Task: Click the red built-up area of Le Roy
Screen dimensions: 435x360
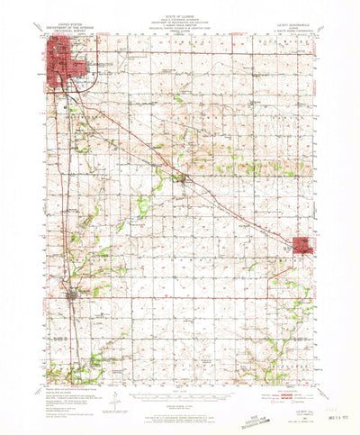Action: [x=302, y=244]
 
